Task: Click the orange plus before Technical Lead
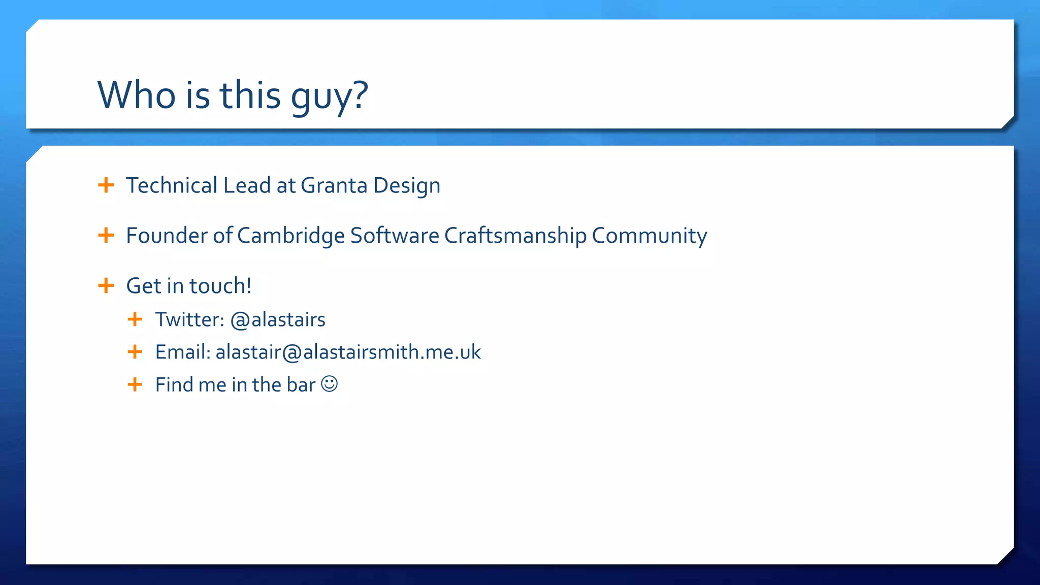coord(106,185)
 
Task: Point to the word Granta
coord(334,185)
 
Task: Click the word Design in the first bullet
coord(407,186)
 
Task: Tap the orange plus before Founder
coord(106,235)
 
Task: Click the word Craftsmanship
coord(515,236)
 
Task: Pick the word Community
coord(649,236)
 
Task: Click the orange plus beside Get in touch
coord(106,285)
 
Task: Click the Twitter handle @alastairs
coord(278,320)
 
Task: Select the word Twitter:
coord(189,320)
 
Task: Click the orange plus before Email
coord(135,351)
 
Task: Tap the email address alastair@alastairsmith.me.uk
coord(348,352)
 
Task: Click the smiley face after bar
coord(330,384)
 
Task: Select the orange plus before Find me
coord(135,384)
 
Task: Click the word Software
coord(395,236)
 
